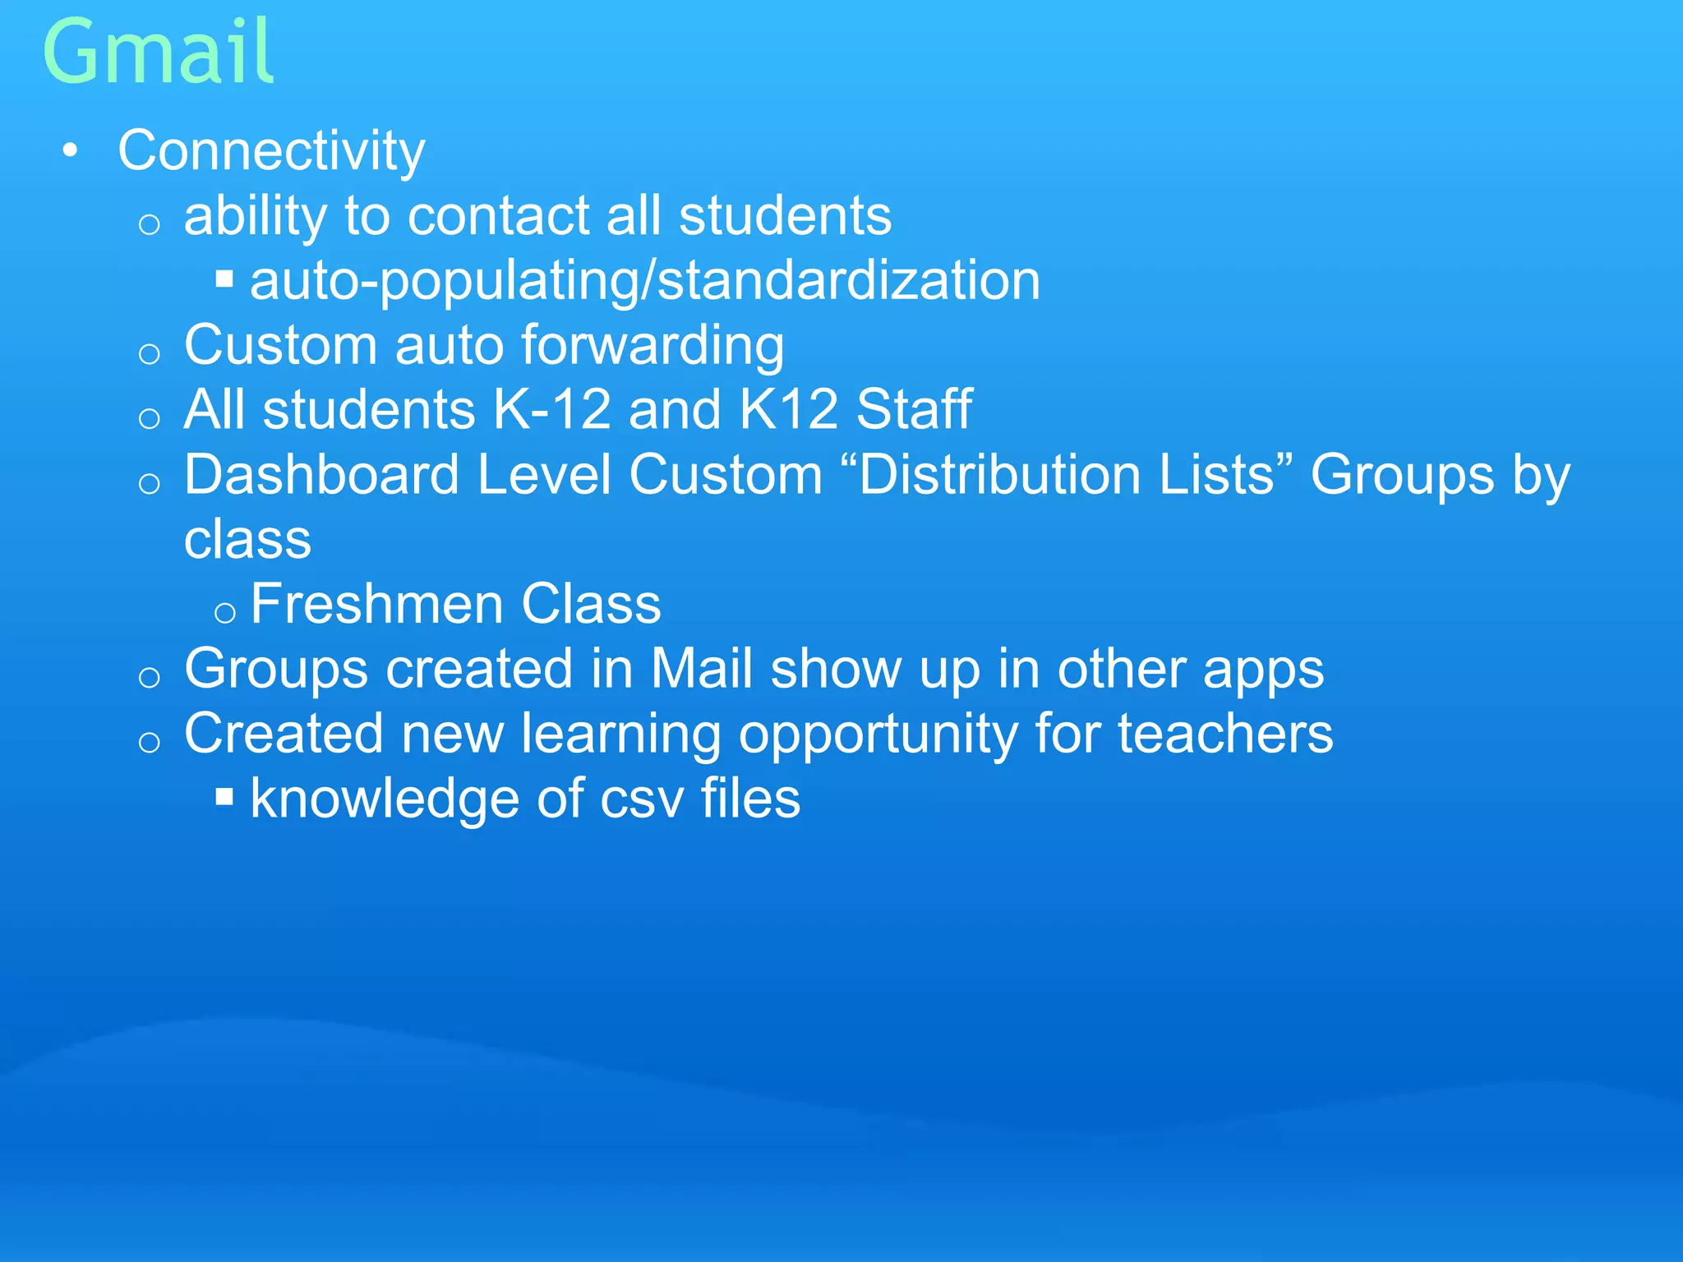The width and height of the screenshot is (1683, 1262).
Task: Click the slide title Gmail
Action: click(x=158, y=53)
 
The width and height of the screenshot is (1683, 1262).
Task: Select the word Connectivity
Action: click(x=271, y=151)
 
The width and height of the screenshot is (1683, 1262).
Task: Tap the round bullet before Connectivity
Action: click(x=71, y=151)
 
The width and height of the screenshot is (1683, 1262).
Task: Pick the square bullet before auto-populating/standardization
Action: click(x=224, y=279)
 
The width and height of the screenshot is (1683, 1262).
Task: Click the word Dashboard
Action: click(x=321, y=475)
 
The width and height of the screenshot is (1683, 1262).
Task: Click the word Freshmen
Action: click(x=376, y=604)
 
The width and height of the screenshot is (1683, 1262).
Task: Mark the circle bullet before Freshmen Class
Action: click(x=224, y=612)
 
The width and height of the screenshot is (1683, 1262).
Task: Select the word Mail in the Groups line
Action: click(x=701, y=669)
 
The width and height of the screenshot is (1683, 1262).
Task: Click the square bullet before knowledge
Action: click(x=224, y=797)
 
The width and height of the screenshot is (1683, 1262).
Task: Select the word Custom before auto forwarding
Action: click(x=280, y=345)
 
